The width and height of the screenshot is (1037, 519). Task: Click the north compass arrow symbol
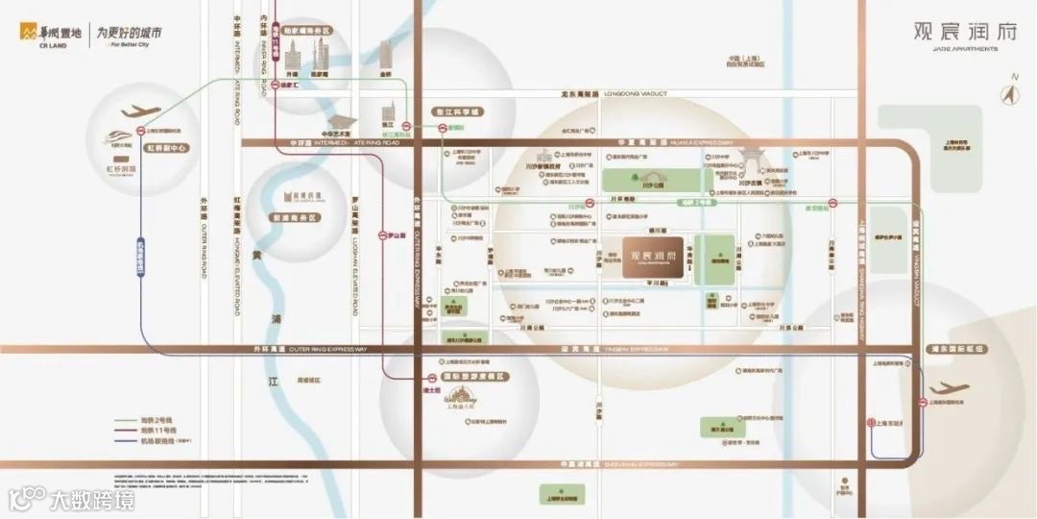coord(1008,93)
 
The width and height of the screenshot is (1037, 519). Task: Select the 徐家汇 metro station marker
coord(272,85)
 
